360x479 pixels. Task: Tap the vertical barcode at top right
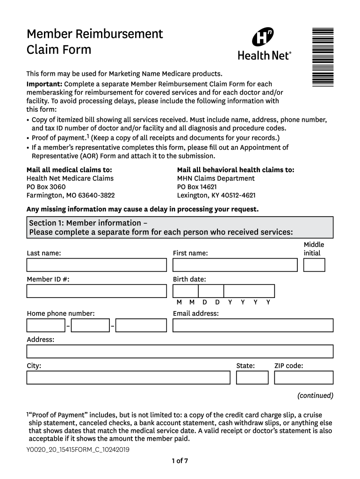(x=323, y=56)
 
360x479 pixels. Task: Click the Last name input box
(x=96, y=265)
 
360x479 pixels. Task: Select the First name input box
(x=235, y=265)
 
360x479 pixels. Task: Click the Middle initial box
(x=314, y=265)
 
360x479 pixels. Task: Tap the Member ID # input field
(x=96, y=291)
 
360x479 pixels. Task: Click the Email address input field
(x=253, y=325)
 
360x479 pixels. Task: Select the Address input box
(x=180, y=351)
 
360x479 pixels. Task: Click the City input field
(x=128, y=377)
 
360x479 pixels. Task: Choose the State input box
(x=252, y=377)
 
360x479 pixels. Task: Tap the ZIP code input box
(x=303, y=377)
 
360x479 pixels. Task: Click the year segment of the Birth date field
(x=249, y=291)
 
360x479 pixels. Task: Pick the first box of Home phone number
(x=45, y=325)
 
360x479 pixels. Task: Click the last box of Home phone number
(x=141, y=325)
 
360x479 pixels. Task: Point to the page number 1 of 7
(x=180, y=461)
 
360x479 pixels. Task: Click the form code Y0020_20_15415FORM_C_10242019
(x=78, y=450)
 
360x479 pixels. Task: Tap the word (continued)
(x=315, y=395)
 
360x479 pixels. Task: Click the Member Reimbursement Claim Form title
(x=95, y=41)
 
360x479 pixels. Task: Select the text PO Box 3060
(x=46, y=187)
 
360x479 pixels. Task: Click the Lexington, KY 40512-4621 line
(x=216, y=195)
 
